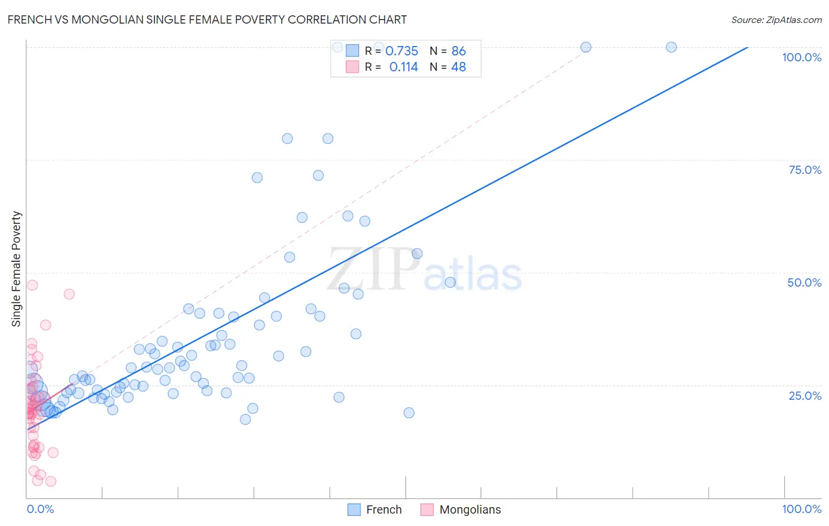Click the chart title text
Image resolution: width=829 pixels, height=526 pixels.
[x=207, y=19]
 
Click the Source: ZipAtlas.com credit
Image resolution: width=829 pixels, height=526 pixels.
[x=776, y=19]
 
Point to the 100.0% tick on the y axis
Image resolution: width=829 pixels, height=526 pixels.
[x=801, y=57]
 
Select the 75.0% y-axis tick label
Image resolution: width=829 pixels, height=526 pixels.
[x=805, y=170]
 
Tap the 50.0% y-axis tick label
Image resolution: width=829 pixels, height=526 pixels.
[x=804, y=282]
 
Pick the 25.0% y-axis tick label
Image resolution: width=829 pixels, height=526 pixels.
[x=805, y=396]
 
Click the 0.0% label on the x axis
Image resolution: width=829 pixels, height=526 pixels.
[x=40, y=509]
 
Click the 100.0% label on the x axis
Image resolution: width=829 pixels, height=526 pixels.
[x=801, y=509]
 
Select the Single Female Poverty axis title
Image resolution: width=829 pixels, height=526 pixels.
[x=17, y=269]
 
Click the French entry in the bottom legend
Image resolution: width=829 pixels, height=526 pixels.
[x=383, y=509]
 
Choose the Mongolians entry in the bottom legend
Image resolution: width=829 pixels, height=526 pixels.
[x=470, y=509]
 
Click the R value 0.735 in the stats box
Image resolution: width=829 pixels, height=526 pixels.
[x=402, y=51]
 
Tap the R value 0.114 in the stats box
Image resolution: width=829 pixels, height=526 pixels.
[x=403, y=67]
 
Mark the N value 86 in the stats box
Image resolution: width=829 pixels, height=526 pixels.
[x=458, y=51]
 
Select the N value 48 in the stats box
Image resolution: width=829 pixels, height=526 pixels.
[x=458, y=67]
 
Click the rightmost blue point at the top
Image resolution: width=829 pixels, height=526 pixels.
[x=671, y=47]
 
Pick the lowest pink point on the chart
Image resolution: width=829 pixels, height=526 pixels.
[x=51, y=481]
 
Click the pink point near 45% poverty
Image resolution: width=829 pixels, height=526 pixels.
[x=69, y=294]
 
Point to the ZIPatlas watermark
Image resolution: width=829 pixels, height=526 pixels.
[x=425, y=270]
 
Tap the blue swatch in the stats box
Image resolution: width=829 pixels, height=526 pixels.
[x=352, y=51]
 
